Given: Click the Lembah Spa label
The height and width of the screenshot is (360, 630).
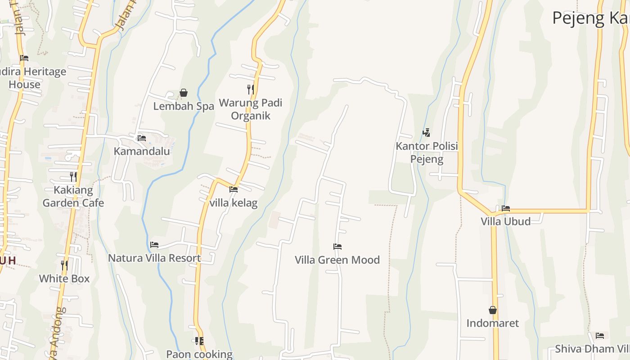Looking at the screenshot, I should point(183,106).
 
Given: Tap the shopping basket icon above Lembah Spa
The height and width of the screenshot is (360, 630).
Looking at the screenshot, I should point(184,93).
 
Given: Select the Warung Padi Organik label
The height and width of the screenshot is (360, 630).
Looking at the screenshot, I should point(250,109).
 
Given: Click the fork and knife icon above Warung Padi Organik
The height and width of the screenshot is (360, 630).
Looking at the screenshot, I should point(250,89).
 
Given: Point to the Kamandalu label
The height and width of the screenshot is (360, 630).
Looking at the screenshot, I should point(142,151).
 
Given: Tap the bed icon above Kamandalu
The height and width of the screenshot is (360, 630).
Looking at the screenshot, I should point(142,138).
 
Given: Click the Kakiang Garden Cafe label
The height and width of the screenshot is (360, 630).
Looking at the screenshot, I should point(73,196).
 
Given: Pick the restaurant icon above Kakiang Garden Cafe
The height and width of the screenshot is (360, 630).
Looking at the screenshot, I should point(73,176).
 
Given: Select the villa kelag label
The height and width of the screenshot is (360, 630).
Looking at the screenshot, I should point(234,203).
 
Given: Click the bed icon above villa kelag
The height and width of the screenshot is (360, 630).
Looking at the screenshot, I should point(234,189).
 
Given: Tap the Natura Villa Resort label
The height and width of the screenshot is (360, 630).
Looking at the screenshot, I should point(154,258).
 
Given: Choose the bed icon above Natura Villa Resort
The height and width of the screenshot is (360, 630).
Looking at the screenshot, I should point(154,245).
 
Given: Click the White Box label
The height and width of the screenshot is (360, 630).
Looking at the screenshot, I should point(64,279).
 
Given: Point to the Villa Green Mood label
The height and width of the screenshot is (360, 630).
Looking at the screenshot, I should point(337,260).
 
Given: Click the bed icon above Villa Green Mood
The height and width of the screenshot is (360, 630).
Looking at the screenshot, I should point(337,247).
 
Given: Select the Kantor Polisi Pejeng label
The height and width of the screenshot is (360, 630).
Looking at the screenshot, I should point(427,153).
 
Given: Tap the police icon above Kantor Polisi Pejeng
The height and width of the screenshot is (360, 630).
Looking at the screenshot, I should point(427,133).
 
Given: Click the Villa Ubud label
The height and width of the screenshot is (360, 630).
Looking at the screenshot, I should point(506,221).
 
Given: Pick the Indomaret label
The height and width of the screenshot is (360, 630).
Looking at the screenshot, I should point(493,323).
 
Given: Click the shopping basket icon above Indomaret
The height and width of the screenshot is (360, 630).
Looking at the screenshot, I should point(493,310).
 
